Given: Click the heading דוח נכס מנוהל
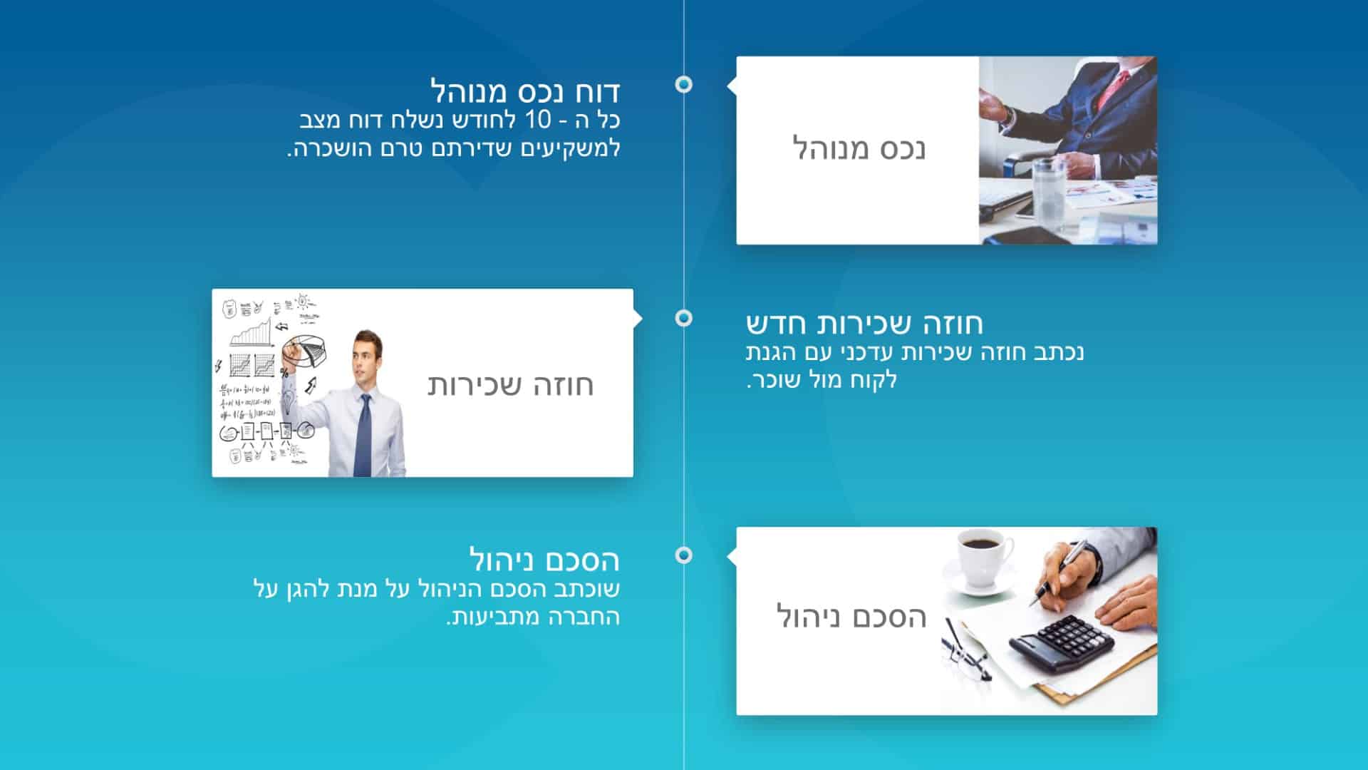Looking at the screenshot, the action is [x=525, y=91].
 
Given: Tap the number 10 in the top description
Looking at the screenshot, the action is [x=538, y=120].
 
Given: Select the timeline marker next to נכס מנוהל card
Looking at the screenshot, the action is [x=683, y=84].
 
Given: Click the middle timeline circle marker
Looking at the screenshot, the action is [x=683, y=318].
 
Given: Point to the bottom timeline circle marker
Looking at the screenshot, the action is [x=683, y=555].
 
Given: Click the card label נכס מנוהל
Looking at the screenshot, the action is [x=859, y=149].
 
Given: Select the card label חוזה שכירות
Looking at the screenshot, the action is [x=510, y=385].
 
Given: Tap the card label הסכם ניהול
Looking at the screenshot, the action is [x=851, y=617].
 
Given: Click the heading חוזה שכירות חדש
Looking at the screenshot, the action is [x=864, y=323].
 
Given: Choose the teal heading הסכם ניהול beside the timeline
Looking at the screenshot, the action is [x=544, y=560].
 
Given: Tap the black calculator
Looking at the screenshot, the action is [x=1062, y=644].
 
